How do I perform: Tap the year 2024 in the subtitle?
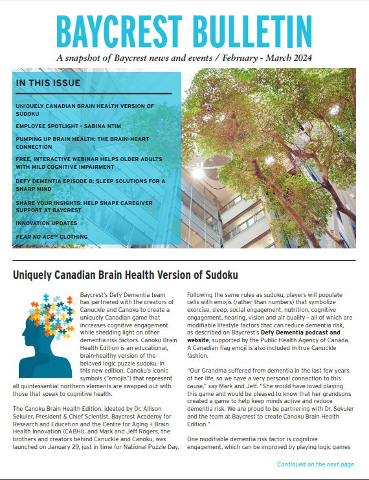pyautogui.click(x=300, y=58)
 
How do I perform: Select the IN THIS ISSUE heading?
pyautogui.click(x=49, y=83)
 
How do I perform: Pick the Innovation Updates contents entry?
pyautogui.click(x=47, y=223)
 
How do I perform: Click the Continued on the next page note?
pyautogui.click(x=315, y=464)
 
